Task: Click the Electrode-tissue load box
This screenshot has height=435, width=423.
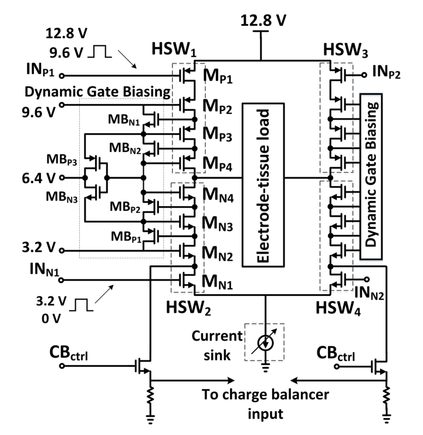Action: (x=263, y=185)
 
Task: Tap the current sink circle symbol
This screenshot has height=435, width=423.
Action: (x=265, y=343)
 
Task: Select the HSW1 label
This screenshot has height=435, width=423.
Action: (x=174, y=49)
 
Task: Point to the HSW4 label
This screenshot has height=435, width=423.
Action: (x=338, y=309)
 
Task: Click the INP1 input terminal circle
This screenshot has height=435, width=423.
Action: (x=62, y=76)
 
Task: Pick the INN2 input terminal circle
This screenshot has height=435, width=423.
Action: (x=367, y=279)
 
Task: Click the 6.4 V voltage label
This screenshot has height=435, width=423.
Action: (x=39, y=178)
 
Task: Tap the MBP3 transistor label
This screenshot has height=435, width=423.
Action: (x=62, y=160)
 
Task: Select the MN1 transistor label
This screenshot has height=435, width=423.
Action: (x=217, y=282)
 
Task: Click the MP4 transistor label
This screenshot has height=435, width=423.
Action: (x=217, y=163)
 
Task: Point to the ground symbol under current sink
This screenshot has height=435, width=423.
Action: (x=265, y=368)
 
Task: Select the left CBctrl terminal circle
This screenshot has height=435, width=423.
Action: (x=62, y=366)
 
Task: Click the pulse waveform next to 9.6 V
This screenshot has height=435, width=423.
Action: (x=100, y=52)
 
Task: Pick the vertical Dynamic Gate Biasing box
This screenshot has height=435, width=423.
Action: (x=371, y=177)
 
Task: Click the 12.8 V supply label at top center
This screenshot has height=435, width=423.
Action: (x=263, y=21)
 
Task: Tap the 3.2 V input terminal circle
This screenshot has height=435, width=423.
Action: (x=62, y=251)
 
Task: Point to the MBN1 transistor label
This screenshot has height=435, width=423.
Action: (x=124, y=120)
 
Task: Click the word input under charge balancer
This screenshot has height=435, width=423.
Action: (x=265, y=414)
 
